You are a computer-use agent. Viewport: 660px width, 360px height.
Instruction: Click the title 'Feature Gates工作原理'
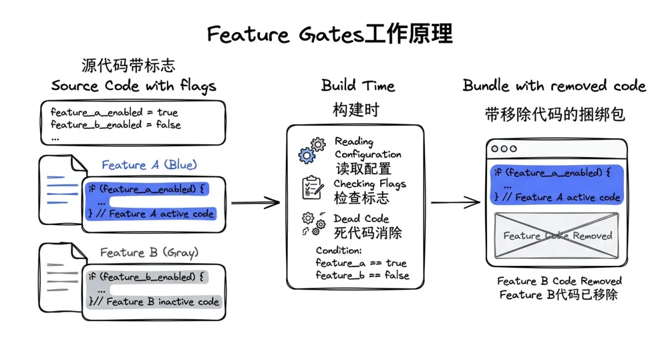[329, 34]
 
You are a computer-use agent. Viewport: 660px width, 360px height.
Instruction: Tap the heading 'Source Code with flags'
[134, 86]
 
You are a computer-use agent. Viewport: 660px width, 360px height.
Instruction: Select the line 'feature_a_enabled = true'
[114, 112]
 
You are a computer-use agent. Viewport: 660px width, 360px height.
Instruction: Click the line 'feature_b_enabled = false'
[116, 125]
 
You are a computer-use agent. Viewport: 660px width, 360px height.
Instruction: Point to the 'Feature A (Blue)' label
[150, 164]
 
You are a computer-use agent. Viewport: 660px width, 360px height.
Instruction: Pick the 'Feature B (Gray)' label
[149, 252]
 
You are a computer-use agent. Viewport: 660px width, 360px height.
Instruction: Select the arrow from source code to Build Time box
[255, 202]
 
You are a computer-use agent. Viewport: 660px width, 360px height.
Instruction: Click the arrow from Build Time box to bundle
[455, 202]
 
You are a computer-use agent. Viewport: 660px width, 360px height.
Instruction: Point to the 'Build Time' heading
[358, 86]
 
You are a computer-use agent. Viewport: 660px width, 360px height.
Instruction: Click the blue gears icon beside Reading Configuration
[312, 150]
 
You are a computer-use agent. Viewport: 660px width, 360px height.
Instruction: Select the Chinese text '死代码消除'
[368, 232]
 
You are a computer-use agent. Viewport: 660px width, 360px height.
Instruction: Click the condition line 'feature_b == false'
[362, 275]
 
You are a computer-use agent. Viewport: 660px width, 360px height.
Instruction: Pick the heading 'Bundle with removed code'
[554, 86]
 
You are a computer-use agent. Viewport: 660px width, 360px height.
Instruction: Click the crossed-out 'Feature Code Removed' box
[557, 235]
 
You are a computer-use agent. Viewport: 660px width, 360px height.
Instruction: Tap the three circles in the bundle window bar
[504, 149]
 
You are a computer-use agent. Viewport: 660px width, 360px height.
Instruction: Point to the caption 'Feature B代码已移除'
[559, 295]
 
